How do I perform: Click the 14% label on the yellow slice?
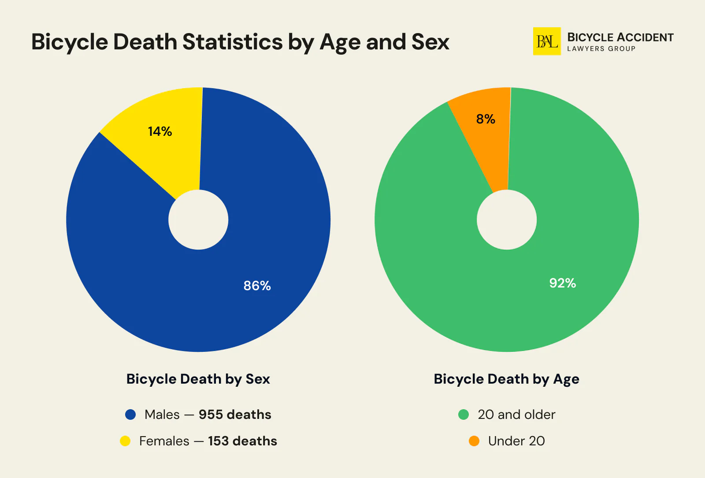(x=160, y=131)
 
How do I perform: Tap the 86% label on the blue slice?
(x=257, y=286)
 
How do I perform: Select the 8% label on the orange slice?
(x=486, y=119)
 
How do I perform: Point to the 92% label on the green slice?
(x=562, y=283)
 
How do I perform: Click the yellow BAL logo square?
(x=547, y=41)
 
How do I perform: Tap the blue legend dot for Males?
(x=130, y=415)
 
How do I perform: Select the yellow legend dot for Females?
(x=125, y=441)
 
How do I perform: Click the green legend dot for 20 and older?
(x=464, y=415)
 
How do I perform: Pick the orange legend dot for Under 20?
(x=474, y=441)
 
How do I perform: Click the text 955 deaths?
(x=235, y=415)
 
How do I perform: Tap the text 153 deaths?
(x=242, y=441)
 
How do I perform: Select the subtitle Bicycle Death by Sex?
(x=198, y=379)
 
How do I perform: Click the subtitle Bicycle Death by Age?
(x=506, y=379)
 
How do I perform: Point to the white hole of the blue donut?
(x=198, y=220)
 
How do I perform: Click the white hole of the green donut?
(x=507, y=220)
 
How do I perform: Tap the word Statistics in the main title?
(x=232, y=42)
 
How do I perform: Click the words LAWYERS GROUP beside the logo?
(x=601, y=49)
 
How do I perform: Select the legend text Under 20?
(x=516, y=441)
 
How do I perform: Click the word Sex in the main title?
(x=430, y=42)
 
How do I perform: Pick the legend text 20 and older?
(x=516, y=415)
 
